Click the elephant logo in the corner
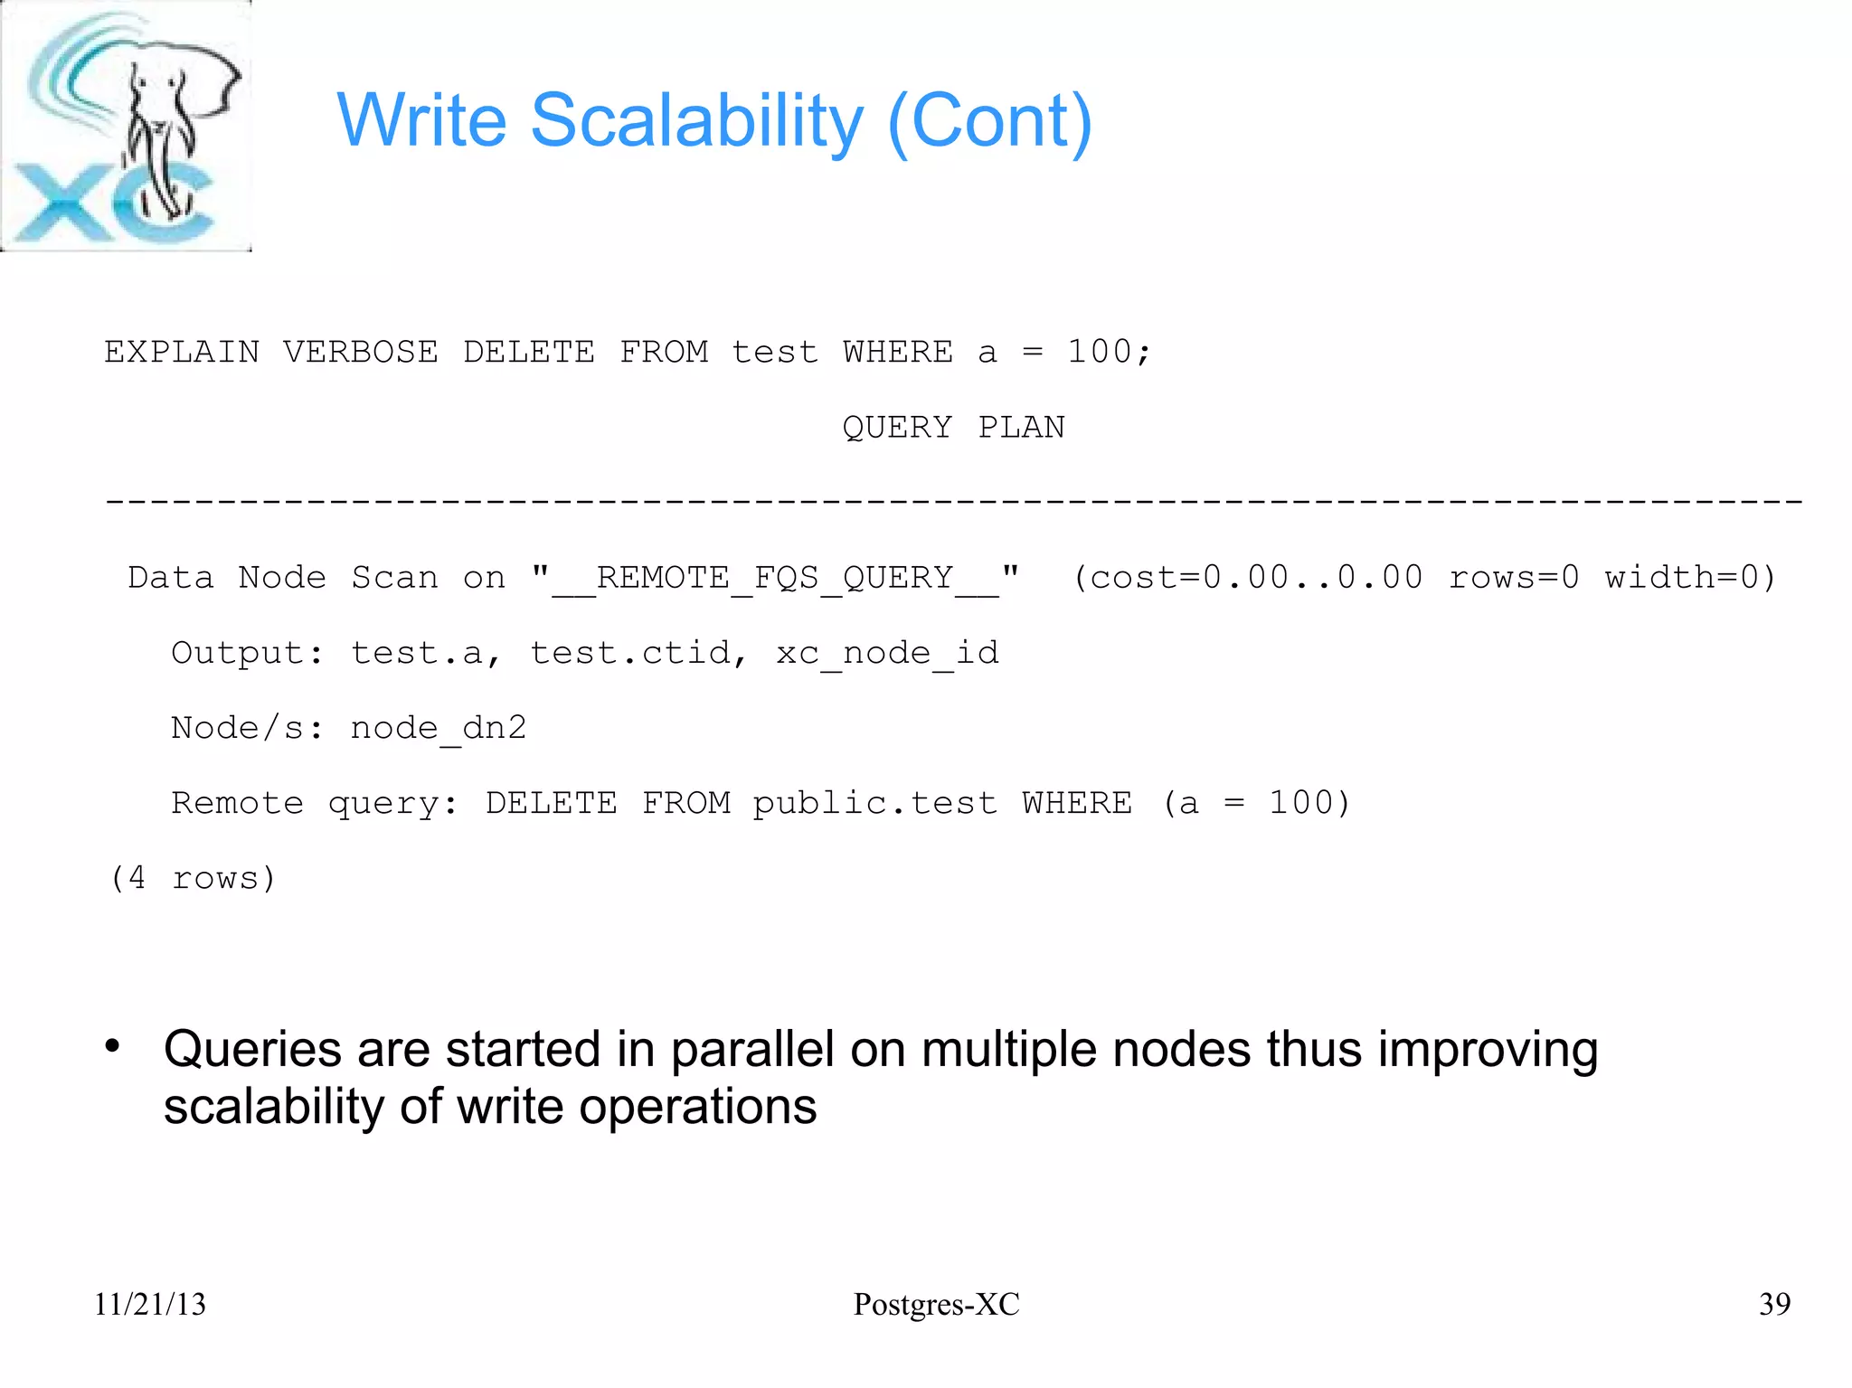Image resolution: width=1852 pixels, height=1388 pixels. coord(126,126)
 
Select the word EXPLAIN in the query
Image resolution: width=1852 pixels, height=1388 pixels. coord(182,352)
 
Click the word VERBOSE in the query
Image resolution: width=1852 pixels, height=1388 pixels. coord(360,352)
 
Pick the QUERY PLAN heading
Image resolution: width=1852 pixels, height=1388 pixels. coord(953,427)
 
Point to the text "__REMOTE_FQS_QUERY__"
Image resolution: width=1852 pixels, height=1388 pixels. coord(776,578)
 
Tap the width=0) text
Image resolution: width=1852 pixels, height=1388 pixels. coord(1690,577)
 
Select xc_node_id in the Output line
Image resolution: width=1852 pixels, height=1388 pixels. coord(887,653)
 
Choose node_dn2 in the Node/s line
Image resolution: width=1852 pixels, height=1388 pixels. coord(438,728)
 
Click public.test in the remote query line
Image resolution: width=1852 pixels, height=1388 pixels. coord(874,803)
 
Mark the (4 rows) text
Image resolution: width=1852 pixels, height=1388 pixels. coord(192,878)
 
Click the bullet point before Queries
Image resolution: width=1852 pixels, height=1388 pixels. coord(112,1047)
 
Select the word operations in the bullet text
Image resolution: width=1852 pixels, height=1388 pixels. coord(697,1107)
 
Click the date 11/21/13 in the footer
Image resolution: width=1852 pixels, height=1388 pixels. coord(150,1304)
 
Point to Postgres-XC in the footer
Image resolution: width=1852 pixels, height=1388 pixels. coord(936,1304)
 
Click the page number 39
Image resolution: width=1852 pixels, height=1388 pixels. coord(1774,1304)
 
